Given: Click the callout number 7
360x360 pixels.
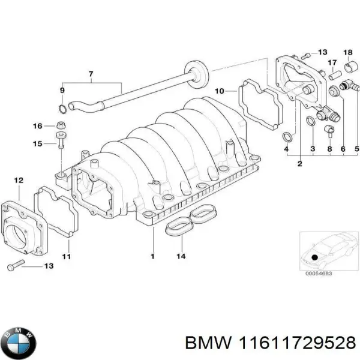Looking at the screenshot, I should (x=91, y=74).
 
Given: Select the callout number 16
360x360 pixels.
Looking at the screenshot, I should (x=37, y=126).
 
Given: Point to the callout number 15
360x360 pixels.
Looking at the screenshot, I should (x=37, y=144).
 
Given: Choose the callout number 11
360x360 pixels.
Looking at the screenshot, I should (x=67, y=257).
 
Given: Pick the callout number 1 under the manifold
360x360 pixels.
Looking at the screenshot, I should (x=152, y=257).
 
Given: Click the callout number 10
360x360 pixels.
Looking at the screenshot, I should (x=220, y=91).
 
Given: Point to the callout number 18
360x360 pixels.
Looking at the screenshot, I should (x=347, y=53).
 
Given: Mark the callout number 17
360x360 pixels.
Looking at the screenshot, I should (x=332, y=62).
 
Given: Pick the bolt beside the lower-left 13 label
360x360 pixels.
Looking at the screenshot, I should (x=14, y=266).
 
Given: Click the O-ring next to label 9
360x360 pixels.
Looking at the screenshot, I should (x=63, y=109).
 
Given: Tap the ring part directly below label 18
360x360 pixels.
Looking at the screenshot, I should (x=347, y=66).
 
